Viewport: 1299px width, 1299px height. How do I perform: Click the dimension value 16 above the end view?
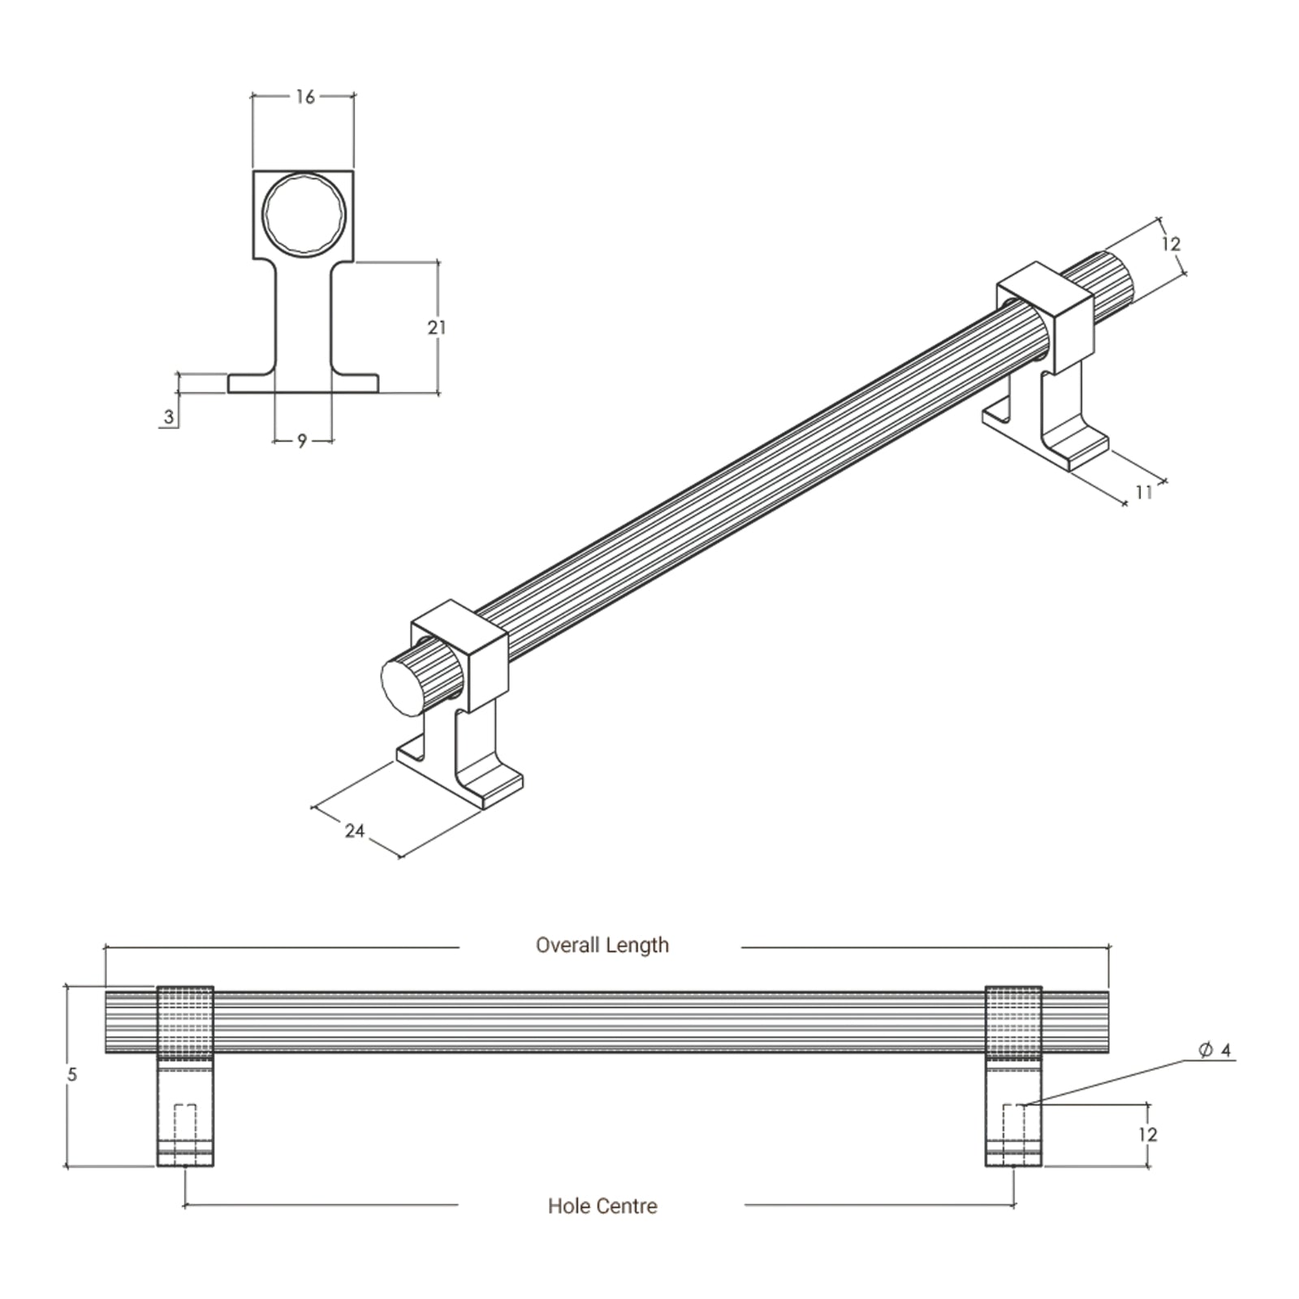click(304, 97)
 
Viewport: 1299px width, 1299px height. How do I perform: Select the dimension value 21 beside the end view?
click(437, 328)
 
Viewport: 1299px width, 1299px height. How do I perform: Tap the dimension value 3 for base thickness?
click(169, 417)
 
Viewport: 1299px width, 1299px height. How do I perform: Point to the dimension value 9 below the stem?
click(302, 441)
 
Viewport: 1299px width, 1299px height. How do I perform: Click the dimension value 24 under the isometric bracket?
click(354, 831)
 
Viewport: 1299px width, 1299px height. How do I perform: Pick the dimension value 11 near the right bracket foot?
click(1144, 492)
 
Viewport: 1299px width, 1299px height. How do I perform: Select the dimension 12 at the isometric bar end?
click(1170, 244)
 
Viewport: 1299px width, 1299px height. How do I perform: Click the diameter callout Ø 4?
click(1215, 1051)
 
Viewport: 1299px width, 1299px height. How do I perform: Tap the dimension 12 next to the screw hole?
click(1147, 1134)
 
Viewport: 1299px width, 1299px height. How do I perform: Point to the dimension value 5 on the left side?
click(72, 1075)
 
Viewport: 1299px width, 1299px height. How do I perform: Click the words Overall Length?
click(602, 945)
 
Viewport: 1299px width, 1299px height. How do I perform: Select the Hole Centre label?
click(602, 1206)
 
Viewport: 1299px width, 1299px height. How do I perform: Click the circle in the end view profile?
click(304, 214)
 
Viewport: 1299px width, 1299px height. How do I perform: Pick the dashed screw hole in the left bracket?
click(185, 1124)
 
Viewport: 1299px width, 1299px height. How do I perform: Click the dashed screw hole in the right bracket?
click(1014, 1124)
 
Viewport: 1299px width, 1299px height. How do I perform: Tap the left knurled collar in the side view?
click(185, 1023)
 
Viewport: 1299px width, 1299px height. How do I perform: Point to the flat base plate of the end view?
click(303, 384)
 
